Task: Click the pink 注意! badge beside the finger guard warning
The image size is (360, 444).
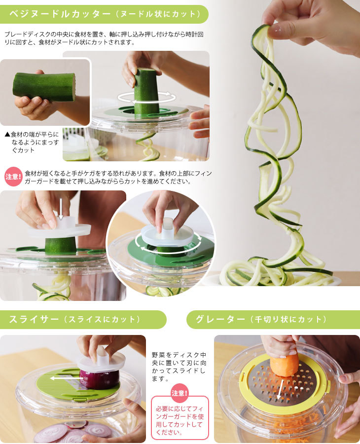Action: point(13,176)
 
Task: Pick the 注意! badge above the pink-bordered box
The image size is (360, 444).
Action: point(180,393)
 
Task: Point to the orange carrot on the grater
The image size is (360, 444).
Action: point(285,363)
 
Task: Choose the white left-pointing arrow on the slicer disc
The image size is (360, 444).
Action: point(60,379)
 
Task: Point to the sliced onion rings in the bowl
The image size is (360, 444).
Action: point(74,432)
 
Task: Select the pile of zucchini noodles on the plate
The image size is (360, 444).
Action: point(276,274)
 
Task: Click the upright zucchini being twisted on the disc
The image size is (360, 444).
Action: point(146,91)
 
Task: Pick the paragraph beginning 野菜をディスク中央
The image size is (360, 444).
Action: point(180,367)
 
